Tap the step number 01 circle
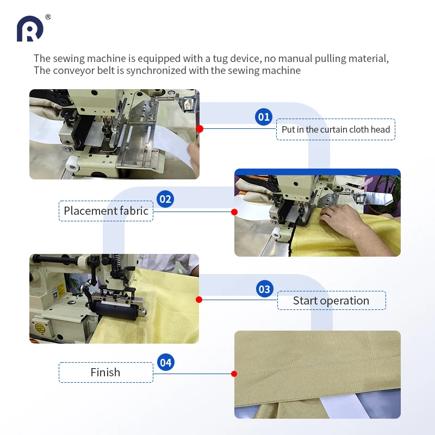[x=264, y=117]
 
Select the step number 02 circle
[x=165, y=199]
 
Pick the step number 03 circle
[x=264, y=289]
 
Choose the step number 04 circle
[x=166, y=362]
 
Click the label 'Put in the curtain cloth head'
[x=335, y=129]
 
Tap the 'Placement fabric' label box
[x=106, y=211]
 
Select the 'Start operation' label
[x=331, y=301]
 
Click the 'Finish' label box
[x=105, y=372]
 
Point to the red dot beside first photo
[x=200, y=129]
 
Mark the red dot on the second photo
[x=234, y=212]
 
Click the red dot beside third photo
[x=199, y=300]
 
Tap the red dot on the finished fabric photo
[x=234, y=374]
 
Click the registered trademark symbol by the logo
[x=48, y=17]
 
